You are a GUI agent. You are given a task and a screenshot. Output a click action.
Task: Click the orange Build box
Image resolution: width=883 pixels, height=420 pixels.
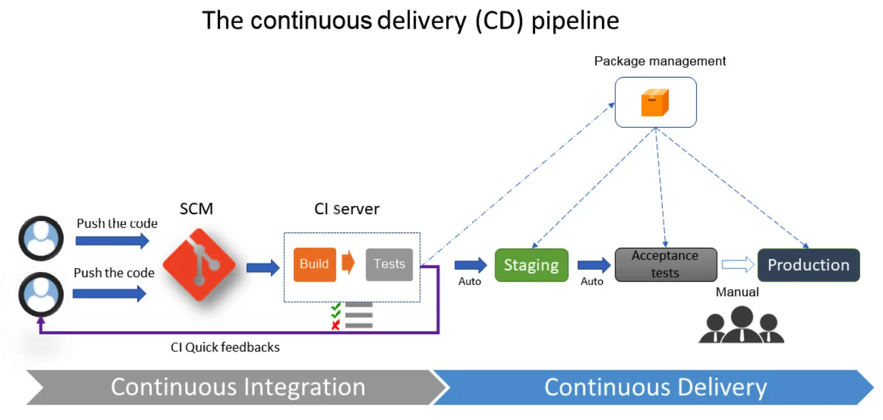point(314,264)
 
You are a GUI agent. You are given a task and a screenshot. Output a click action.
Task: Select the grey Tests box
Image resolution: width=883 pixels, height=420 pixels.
point(389,264)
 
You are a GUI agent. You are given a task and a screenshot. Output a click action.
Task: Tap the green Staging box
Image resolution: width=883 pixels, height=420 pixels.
point(531,265)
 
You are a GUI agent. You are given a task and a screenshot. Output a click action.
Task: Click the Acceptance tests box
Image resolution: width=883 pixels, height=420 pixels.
point(665,264)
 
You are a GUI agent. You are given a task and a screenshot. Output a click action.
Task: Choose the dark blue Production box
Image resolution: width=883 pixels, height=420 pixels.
point(808,265)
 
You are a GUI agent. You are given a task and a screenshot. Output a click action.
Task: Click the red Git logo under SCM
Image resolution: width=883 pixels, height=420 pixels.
point(199,264)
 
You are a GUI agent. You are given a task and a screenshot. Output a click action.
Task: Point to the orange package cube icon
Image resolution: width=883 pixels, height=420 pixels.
point(655,103)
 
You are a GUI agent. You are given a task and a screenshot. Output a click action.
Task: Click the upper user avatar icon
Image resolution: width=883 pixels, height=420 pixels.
point(41,238)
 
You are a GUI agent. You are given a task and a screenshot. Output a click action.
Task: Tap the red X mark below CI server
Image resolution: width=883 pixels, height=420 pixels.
point(336,326)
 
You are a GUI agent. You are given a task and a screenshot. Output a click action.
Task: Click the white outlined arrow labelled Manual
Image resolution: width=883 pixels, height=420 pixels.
point(737,265)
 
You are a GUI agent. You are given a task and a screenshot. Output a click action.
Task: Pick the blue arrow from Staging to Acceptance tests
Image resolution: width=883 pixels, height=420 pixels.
point(594,265)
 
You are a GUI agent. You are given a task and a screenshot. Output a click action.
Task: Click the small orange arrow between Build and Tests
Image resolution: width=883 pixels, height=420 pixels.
point(348,263)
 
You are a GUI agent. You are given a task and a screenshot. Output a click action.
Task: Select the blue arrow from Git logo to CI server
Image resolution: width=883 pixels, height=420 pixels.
point(263,268)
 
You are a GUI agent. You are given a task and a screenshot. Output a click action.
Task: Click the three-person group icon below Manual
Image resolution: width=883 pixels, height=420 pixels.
point(741,325)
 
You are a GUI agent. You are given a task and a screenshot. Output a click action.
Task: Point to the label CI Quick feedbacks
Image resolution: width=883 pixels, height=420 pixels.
point(225,348)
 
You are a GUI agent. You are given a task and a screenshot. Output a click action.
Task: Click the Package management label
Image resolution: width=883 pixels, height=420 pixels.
point(660,62)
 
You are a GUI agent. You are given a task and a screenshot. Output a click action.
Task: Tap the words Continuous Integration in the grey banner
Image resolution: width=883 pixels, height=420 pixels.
point(238,387)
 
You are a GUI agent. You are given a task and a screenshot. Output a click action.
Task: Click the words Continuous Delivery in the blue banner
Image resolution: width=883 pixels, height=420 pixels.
point(655,387)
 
